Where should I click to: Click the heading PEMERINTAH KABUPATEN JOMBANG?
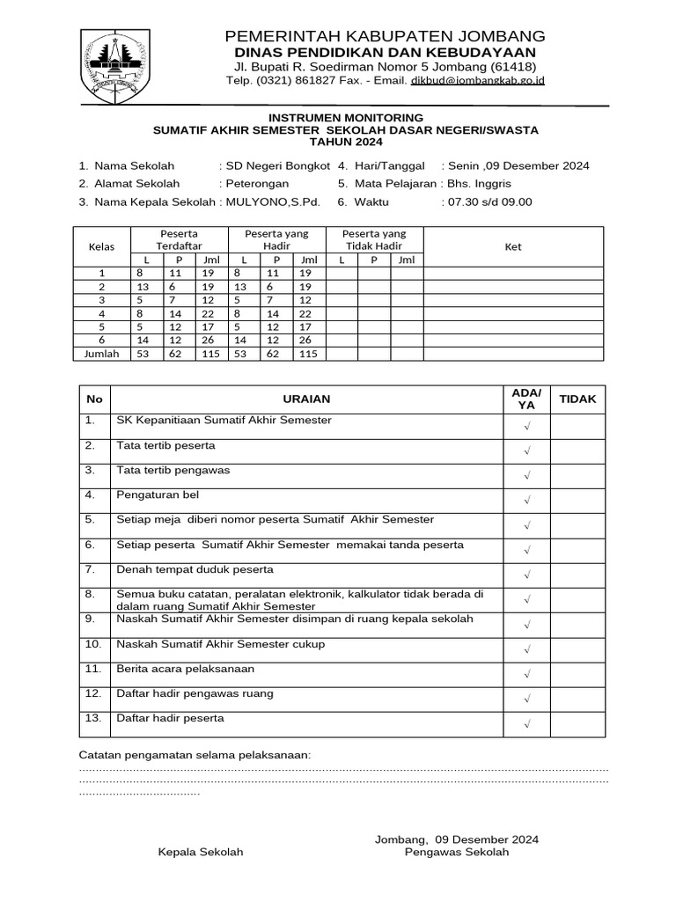[386, 36]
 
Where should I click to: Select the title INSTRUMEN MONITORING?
[345, 117]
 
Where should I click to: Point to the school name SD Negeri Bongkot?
[278, 165]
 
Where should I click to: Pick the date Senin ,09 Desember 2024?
[518, 165]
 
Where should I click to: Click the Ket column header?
[513, 246]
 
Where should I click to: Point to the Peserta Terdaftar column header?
[180, 240]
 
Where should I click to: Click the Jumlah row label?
[100, 354]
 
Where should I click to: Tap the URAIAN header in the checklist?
[306, 399]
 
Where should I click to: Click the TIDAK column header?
[577, 399]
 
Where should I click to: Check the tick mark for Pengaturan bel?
[526, 500]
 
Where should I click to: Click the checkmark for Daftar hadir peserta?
[526, 723]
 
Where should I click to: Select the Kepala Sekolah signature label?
[201, 853]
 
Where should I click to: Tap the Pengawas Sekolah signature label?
[457, 853]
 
